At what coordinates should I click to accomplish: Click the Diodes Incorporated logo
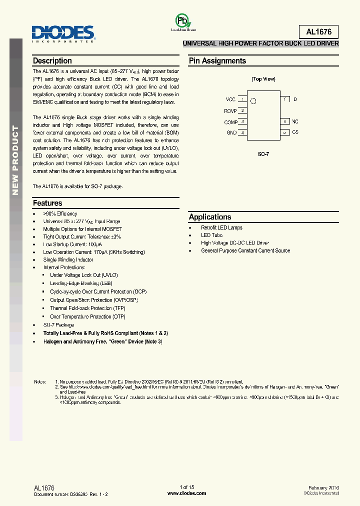point(63,33)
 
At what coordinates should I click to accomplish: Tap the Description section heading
point(52,61)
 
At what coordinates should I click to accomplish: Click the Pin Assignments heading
point(217,61)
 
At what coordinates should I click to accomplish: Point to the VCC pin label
point(230,99)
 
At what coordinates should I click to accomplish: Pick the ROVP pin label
point(230,111)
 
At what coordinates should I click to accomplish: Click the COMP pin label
point(230,122)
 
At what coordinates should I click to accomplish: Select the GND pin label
point(231,133)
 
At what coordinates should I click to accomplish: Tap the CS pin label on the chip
point(295,132)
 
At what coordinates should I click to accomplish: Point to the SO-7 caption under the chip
point(263,154)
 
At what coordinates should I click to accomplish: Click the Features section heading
point(47,203)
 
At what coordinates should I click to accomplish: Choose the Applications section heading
point(210,217)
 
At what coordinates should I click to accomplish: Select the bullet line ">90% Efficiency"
point(60,213)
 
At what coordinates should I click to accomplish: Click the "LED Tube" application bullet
point(211,235)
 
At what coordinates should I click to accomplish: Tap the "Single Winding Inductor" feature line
point(68,260)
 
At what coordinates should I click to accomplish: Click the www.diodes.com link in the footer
point(186,493)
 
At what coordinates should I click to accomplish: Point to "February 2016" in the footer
point(323,487)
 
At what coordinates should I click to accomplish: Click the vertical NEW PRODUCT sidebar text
point(15,160)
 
